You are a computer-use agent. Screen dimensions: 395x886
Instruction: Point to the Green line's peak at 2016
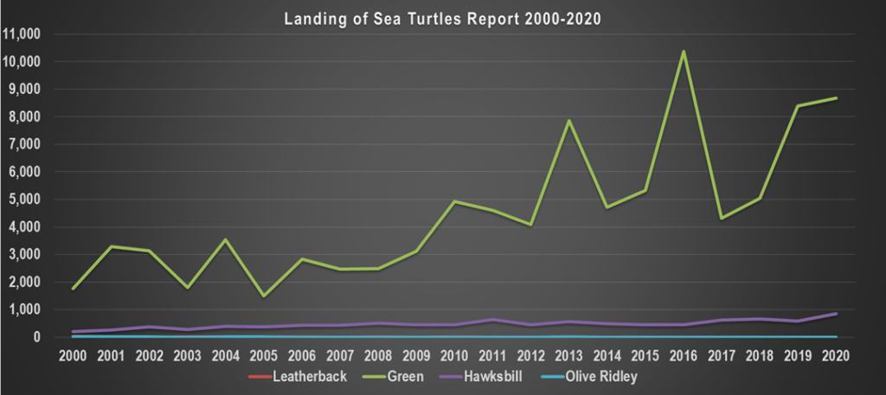683,51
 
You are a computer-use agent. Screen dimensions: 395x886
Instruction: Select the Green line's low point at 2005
264,296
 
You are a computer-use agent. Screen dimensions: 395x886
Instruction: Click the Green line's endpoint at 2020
836,98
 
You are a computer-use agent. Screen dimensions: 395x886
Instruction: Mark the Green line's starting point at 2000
74,288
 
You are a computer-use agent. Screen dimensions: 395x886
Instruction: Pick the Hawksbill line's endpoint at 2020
836,313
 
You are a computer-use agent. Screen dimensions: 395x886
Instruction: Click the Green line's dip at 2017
722,218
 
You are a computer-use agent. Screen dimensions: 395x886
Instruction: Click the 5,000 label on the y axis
26,200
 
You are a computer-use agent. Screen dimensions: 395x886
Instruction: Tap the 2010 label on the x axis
454,355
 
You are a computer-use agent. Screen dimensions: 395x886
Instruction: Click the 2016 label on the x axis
683,355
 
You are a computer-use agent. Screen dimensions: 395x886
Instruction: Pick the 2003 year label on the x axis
188,355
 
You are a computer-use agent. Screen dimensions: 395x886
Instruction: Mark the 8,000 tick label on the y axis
26,117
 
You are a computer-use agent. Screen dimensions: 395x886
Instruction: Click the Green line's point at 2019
798,105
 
